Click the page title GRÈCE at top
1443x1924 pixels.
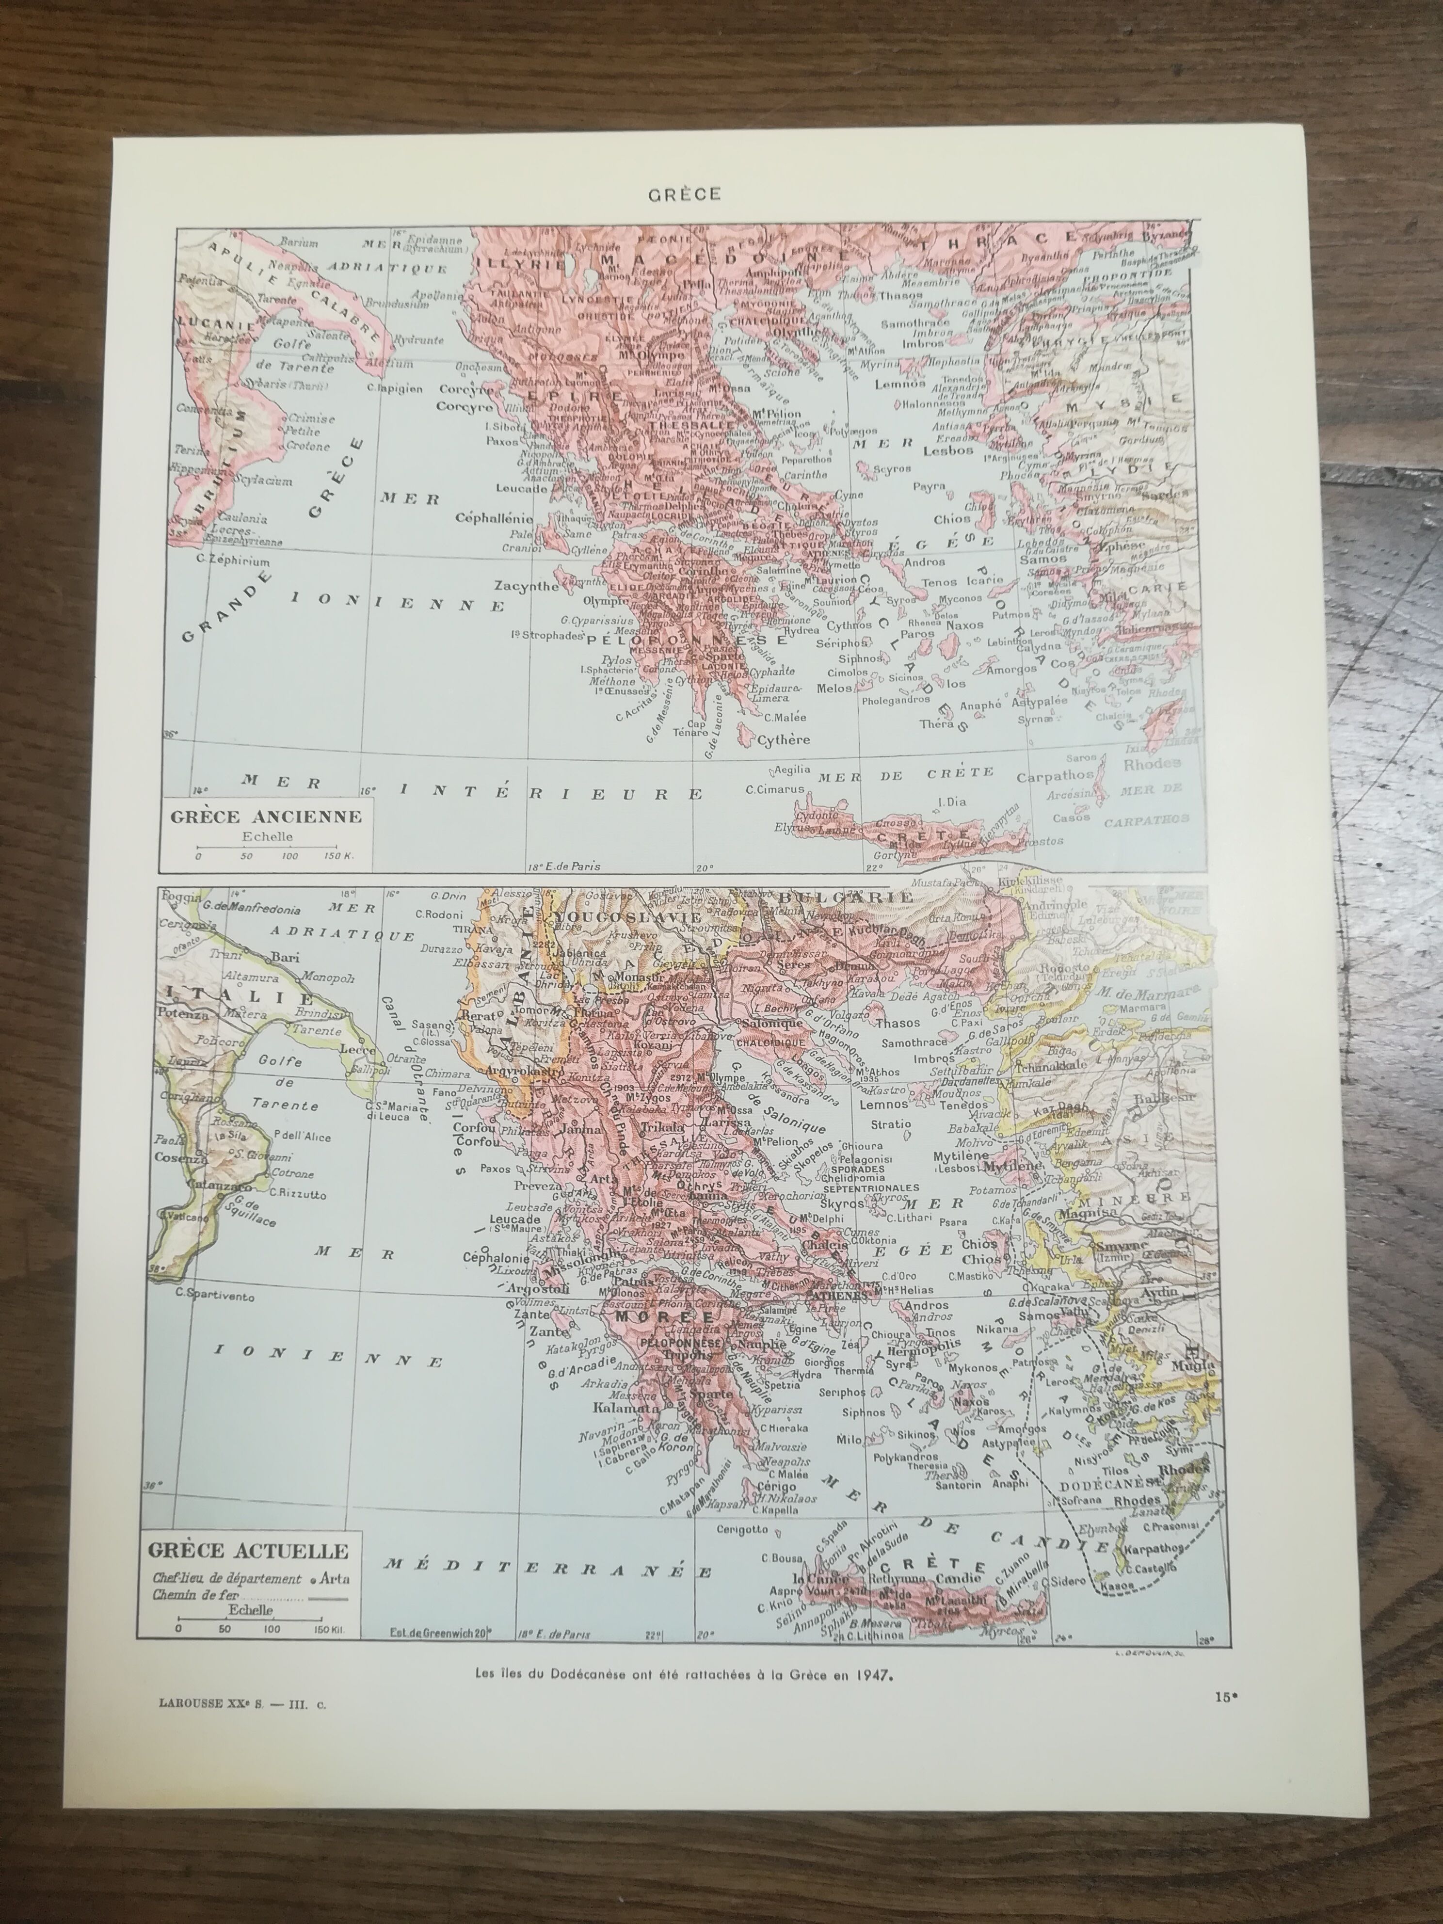(x=684, y=194)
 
